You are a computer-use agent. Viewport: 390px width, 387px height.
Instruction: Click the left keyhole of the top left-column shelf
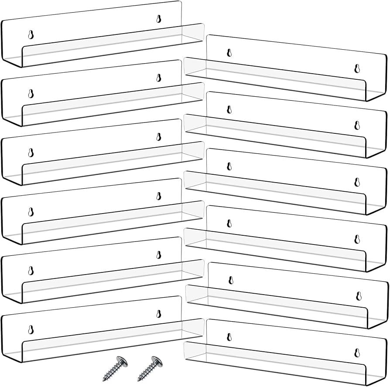pyautogui.click(x=31, y=35)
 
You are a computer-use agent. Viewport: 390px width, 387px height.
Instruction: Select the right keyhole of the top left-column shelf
pyautogui.click(x=159, y=18)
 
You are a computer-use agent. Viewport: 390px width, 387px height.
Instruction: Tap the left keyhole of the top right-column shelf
pyautogui.click(x=229, y=53)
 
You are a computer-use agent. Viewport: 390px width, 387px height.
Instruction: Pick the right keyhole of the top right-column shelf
pyautogui.click(x=357, y=68)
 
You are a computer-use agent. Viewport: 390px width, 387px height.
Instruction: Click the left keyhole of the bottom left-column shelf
pyautogui.click(x=31, y=330)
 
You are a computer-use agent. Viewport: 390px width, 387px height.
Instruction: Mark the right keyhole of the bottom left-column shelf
pyautogui.click(x=159, y=313)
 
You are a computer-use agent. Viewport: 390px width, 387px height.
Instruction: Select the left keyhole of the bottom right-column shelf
pyautogui.click(x=229, y=336)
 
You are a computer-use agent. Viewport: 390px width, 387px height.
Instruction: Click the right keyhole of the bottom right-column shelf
pyautogui.click(x=357, y=352)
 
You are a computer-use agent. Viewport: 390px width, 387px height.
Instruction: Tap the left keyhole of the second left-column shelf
pyautogui.click(x=31, y=94)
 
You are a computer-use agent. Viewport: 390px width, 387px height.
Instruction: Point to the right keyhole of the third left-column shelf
pyautogui.click(x=159, y=136)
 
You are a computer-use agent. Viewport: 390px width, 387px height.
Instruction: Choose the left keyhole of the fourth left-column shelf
pyautogui.click(x=31, y=212)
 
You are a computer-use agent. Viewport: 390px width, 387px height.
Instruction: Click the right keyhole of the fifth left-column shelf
pyautogui.click(x=159, y=255)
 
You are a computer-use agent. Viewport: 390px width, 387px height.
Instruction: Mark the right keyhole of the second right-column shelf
pyautogui.click(x=357, y=126)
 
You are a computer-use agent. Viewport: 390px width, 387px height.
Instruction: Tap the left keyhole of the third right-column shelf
pyautogui.click(x=229, y=166)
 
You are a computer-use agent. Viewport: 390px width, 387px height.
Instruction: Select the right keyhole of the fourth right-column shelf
pyautogui.click(x=357, y=239)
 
